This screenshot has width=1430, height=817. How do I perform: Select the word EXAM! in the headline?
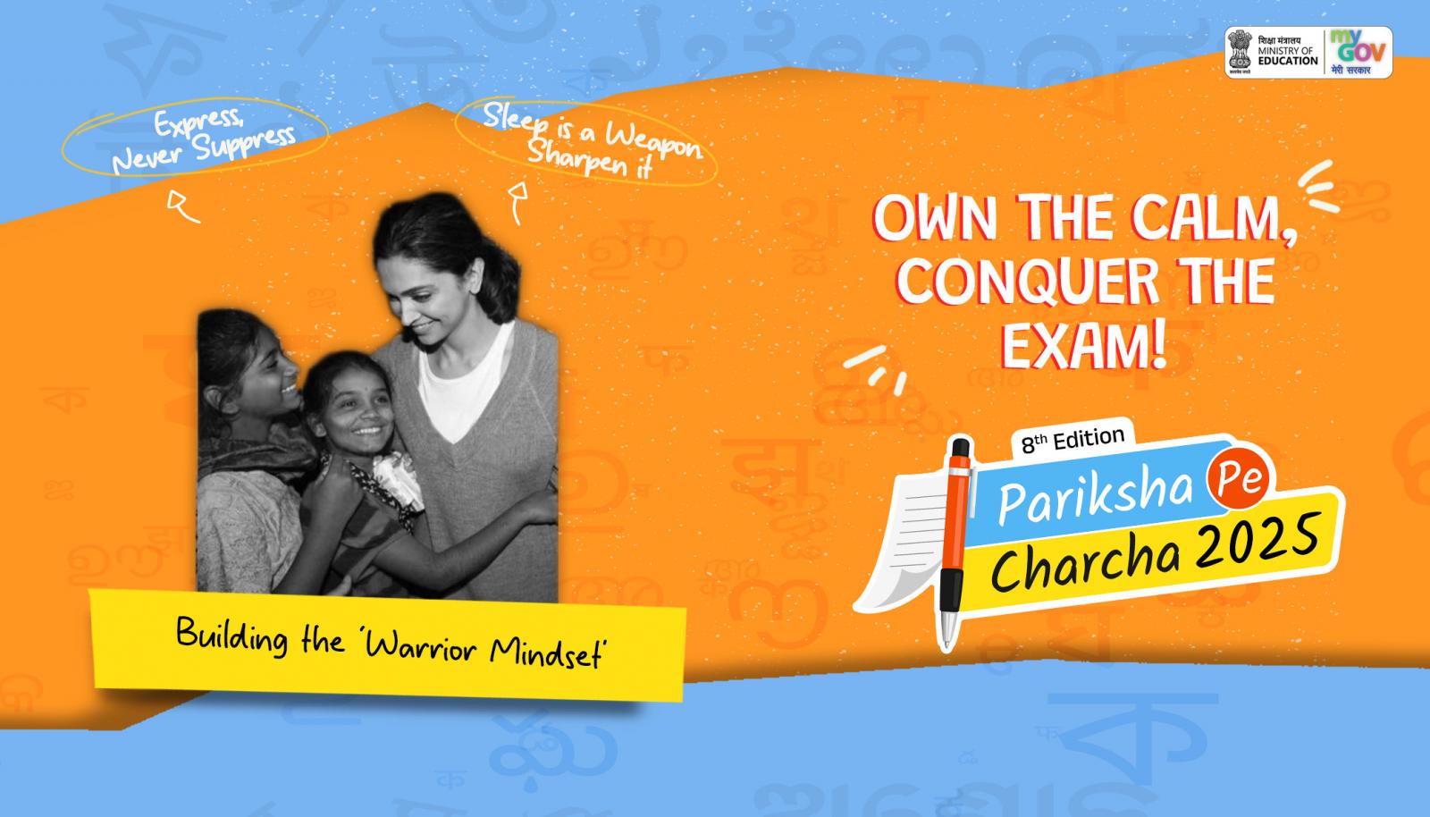click(1083, 345)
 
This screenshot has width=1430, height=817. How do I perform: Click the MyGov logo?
click(1358, 53)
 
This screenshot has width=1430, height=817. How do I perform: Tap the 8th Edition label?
click(1072, 440)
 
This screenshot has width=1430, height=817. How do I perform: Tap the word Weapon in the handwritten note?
click(653, 143)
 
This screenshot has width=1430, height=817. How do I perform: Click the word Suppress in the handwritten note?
click(245, 142)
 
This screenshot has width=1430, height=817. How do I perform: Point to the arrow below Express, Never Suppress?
click(182, 206)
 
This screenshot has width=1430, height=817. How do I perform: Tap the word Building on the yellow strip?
click(231, 635)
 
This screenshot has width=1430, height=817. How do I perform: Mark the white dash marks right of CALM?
click(1319, 186)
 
